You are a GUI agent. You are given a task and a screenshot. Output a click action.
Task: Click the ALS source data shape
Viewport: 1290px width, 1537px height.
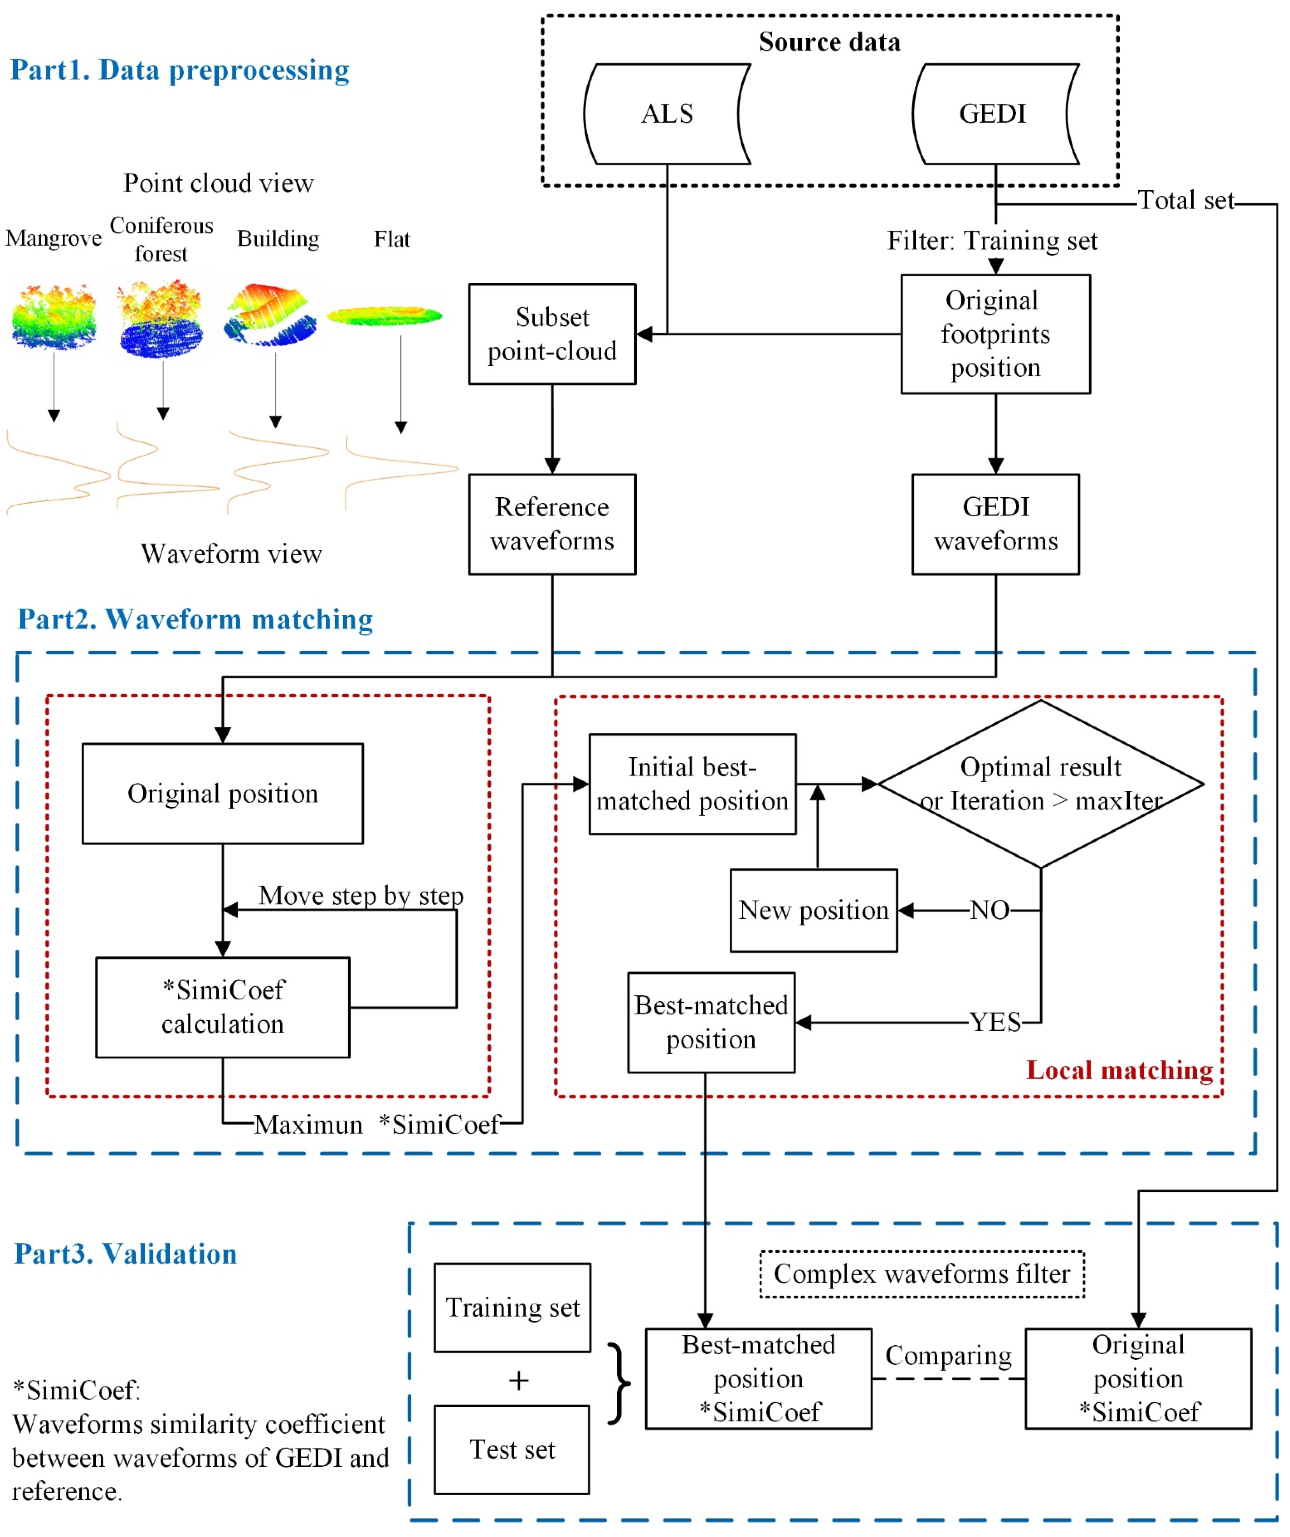667,114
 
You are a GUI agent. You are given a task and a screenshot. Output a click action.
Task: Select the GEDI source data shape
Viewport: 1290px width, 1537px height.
994,114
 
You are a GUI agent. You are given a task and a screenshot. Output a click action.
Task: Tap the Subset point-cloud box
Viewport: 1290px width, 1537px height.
552,334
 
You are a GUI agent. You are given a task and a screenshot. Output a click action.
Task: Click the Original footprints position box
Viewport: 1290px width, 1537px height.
995,334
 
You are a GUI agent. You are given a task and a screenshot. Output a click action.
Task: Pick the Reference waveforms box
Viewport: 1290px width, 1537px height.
552,524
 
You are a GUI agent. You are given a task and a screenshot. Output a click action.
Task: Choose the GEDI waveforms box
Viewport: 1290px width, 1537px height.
995,524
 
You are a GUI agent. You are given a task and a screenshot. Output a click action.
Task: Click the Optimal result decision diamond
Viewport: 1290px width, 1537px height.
1040,784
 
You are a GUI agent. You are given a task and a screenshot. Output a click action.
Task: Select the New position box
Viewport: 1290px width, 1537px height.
813,910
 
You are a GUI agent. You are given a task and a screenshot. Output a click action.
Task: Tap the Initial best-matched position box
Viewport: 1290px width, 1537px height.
692,784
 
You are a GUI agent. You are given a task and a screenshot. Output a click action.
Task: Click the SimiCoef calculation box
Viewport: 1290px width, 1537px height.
223,1007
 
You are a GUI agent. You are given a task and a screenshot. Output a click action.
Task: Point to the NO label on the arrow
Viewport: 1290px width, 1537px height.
989,910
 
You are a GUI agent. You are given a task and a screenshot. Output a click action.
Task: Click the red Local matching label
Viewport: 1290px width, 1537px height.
1119,1070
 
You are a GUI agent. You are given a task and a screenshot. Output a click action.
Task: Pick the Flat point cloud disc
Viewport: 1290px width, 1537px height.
385,316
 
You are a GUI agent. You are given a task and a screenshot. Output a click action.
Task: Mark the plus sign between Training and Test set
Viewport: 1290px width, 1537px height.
518,1380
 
